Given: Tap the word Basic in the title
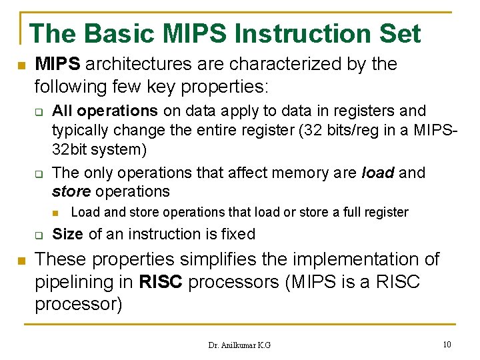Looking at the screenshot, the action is [x=118, y=33].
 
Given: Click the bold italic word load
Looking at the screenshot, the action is [x=378, y=173].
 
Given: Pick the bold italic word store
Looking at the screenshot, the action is [x=71, y=191].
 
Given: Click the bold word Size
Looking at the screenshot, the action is [x=67, y=234].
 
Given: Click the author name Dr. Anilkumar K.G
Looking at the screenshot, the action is [x=239, y=345].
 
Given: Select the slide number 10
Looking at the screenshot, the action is [x=447, y=344].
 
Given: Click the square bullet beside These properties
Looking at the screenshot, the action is [x=21, y=259].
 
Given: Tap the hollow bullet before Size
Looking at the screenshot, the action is [x=39, y=235].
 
